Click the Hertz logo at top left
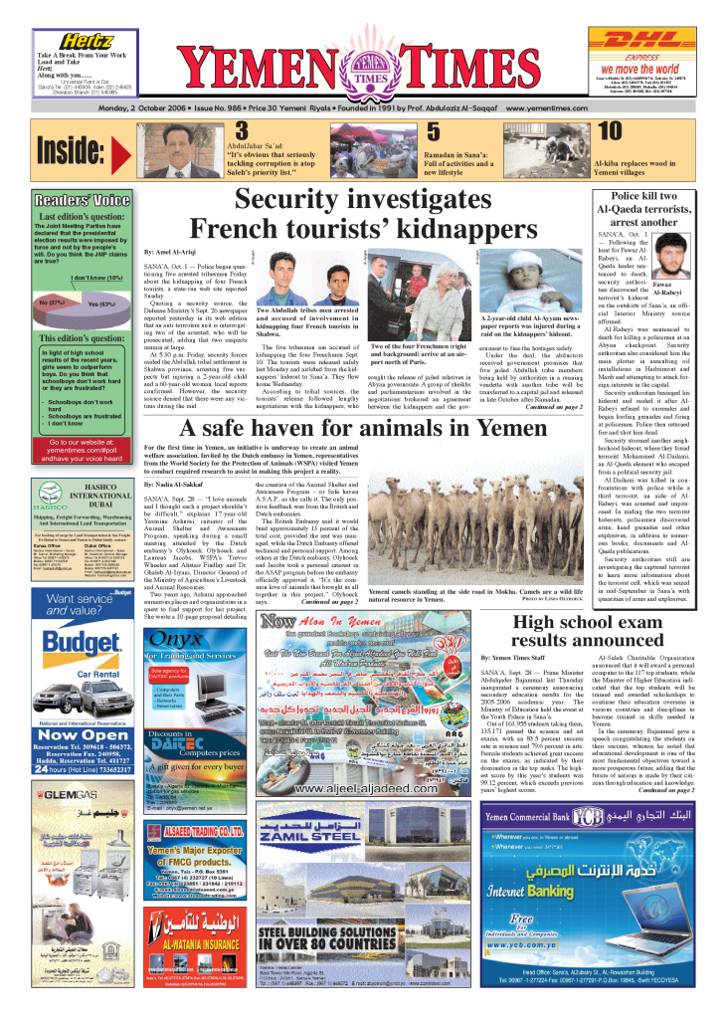click(x=88, y=39)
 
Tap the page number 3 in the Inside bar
click(x=242, y=131)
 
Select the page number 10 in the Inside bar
click(x=609, y=131)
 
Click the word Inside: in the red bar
click(x=72, y=150)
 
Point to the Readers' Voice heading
click(x=82, y=197)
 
